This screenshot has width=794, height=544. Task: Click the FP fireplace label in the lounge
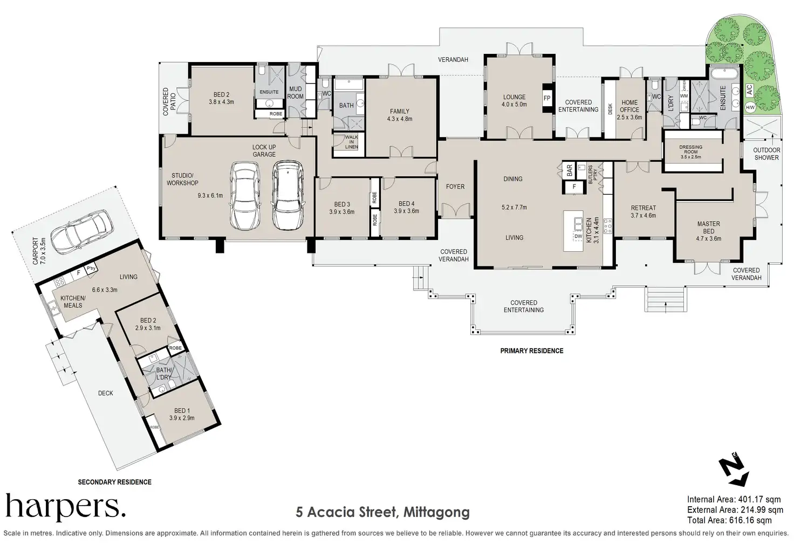[547, 98]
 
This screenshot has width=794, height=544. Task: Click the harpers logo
[66, 507]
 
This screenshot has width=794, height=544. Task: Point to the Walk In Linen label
[352, 142]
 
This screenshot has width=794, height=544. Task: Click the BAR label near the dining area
[569, 170]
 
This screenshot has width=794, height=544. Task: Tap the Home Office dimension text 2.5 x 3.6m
[629, 118]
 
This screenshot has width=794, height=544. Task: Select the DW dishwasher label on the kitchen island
[578, 236]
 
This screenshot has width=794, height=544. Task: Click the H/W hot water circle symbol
[750, 107]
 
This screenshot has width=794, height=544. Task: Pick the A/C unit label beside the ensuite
[749, 89]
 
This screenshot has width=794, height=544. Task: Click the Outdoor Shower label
[766, 154]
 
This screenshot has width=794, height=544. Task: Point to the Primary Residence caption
[532, 351]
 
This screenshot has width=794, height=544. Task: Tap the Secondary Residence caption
[114, 482]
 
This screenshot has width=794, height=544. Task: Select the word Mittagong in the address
[437, 512]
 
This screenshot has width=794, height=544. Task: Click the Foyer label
[455, 187]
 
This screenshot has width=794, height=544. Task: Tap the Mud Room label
[295, 93]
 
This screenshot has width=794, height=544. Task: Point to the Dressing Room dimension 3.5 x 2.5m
[691, 157]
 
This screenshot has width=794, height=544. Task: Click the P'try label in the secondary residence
[91, 268]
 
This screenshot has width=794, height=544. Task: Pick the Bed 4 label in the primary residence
[406, 204]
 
